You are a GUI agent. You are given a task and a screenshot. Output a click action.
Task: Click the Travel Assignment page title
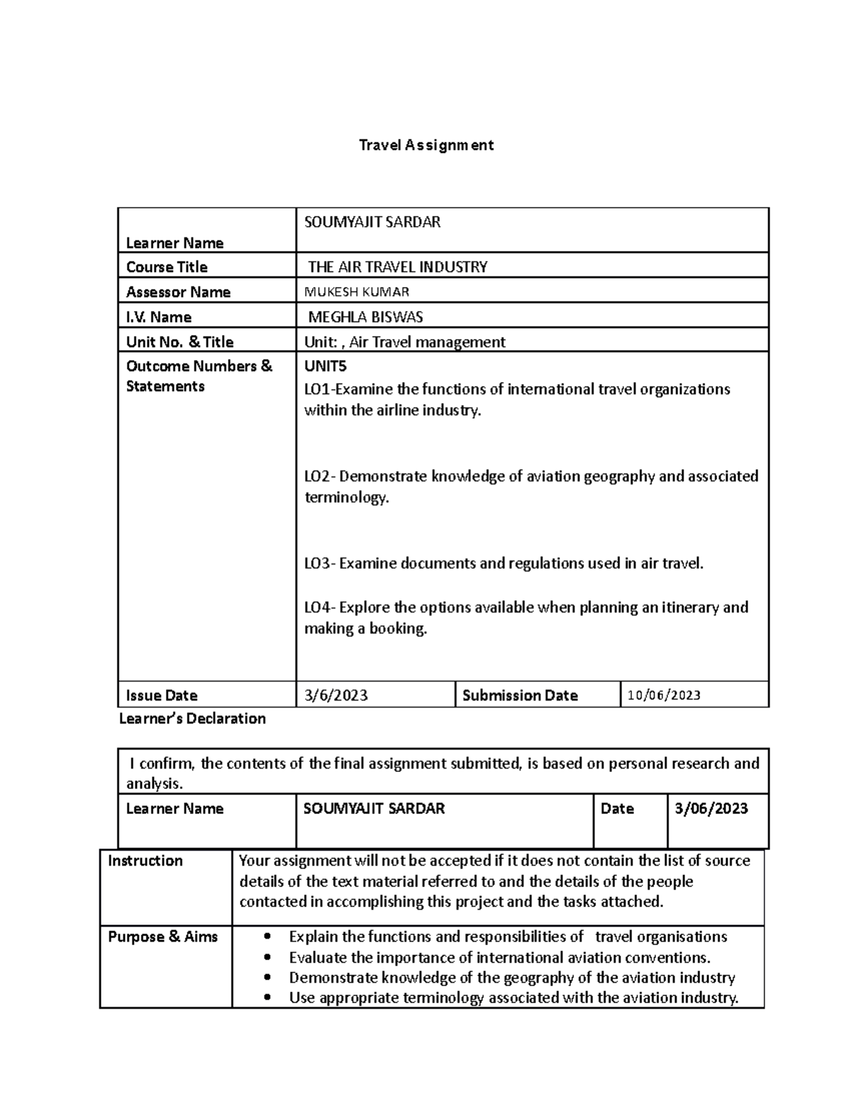click(426, 145)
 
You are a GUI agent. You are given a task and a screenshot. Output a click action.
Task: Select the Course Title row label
click(167, 267)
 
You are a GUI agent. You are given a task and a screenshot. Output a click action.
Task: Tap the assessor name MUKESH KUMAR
click(357, 291)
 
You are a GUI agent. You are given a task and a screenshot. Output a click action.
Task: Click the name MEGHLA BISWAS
click(365, 317)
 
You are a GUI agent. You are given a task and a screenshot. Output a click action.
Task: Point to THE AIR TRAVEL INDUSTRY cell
click(397, 267)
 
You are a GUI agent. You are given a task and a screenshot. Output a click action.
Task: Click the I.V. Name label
click(158, 317)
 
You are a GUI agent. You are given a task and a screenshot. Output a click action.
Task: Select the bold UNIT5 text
click(325, 367)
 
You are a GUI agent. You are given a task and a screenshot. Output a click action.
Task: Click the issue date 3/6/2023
click(336, 695)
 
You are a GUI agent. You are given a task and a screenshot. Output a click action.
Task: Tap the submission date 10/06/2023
click(664, 695)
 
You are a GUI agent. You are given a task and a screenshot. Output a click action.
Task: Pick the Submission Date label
click(520, 695)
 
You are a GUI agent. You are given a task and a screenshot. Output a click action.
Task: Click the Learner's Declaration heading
click(192, 719)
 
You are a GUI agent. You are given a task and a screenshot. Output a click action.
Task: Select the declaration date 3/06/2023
click(711, 809)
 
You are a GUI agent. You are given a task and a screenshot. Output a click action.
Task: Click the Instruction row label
click(145, 861)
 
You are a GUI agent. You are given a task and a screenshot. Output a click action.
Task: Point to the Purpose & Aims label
click(162, 937)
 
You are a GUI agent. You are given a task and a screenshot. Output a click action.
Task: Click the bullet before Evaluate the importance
click(267, 958)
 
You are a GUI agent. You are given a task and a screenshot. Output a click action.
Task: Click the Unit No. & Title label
click(179, 342)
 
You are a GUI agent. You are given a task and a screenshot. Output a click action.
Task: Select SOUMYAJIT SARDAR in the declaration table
click(374, 809)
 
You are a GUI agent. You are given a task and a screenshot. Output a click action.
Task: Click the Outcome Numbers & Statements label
click(199, 376)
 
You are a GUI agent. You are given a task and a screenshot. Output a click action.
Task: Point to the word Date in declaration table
click(617, 809)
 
